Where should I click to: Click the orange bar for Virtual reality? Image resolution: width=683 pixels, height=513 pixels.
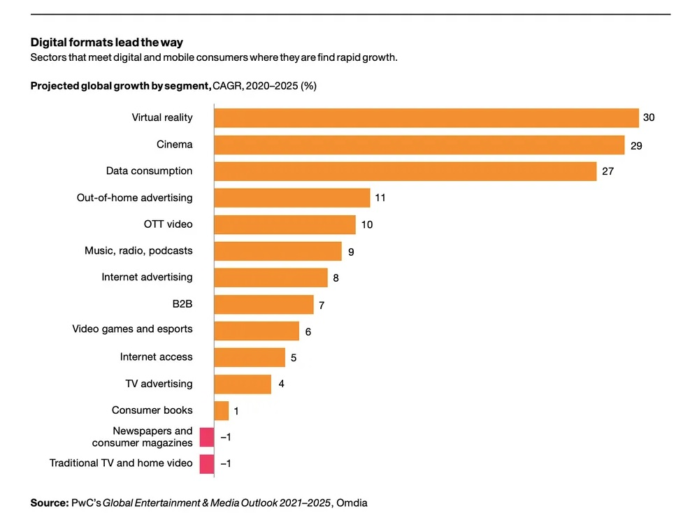[x=426, y=117]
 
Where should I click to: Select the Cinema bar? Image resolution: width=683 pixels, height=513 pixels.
[x=419, y=145]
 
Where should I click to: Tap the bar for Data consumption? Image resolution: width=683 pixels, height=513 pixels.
[x=405, y=171]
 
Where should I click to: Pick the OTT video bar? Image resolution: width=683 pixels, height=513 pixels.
[x=285, y=224]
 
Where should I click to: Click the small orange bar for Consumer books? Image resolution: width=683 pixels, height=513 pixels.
[x=222, y=410]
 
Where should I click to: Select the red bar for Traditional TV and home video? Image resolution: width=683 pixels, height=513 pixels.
[x=207, y=464]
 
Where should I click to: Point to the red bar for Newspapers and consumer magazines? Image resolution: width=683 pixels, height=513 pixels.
[x=207, y=437]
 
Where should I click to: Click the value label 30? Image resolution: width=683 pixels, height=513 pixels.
[x=649, y=117]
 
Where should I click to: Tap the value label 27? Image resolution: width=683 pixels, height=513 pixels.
[x=607, y=171]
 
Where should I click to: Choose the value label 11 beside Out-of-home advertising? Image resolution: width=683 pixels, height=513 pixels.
[x=380, y=198]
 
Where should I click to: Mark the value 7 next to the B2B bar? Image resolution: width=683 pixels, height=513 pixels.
[x=322, y=305]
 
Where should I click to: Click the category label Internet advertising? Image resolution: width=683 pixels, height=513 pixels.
[x=147, y=277]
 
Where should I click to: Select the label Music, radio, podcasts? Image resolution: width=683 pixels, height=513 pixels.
[x=138, y=250]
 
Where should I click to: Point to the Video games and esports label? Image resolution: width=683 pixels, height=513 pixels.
[x=132, y=329]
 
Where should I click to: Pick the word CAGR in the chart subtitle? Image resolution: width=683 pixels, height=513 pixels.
[x=228, y=86]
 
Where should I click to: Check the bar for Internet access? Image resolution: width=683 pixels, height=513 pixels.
[x=250, y=357]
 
